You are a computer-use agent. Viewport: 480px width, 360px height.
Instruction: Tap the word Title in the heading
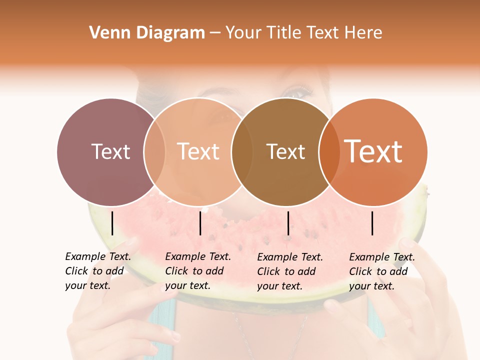click(x=283, y=33)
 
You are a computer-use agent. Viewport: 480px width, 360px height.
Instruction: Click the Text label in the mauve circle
click(x=110, y=151)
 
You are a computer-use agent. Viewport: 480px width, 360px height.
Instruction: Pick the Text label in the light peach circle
click(x=198, y=151)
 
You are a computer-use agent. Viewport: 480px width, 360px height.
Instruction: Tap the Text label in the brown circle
click(x=285, y=151)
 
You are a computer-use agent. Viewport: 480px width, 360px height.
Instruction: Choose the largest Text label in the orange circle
click(x=373, y=151)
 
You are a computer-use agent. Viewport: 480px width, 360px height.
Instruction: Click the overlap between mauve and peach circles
click(x=154, y=152)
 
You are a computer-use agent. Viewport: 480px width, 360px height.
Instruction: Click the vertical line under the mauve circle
click(x=112, y=223)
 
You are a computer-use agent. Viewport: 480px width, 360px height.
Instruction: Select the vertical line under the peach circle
click(x=200, y=223)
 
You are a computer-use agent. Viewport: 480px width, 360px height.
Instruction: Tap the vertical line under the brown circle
click(x=288, y=223)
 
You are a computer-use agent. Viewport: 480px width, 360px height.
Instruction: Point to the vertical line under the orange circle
click(x=372, y=223)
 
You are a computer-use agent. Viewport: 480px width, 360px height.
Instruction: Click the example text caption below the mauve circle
click(x=98, y=271)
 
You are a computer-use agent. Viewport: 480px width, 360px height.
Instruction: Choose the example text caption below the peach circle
click(x=198, y=271)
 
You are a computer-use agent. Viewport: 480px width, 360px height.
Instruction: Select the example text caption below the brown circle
click(x=290, y=271)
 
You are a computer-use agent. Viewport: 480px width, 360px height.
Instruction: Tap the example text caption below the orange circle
click(x=382, y=271)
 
